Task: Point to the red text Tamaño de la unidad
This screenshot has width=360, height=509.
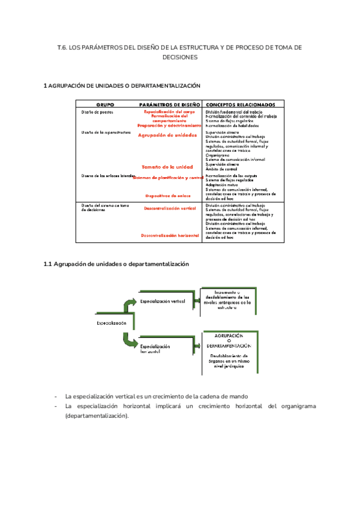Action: (167, 166)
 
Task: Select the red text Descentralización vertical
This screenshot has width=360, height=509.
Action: (170, 208)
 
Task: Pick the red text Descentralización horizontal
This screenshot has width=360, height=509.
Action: (170, 235)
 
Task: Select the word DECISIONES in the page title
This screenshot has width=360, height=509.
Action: (179, 58)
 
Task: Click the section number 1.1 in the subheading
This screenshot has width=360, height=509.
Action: (49, 264)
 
